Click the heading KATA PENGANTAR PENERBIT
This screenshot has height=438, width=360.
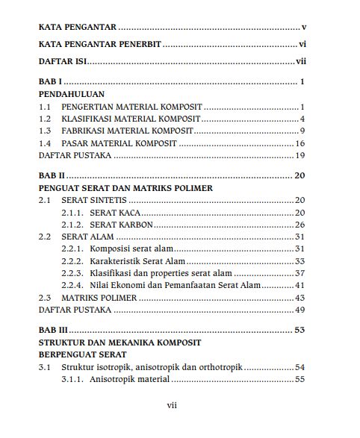[100, 45]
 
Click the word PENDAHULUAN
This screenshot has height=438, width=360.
[72, 95]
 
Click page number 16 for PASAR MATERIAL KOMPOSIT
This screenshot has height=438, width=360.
[300, 143]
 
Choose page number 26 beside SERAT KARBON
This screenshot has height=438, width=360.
[300, 225]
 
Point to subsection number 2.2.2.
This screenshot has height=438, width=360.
[72, 261]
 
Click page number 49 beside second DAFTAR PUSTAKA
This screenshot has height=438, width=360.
[300, 310]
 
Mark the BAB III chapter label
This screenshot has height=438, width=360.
[53, 329]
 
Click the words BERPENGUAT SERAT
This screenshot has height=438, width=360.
[82, 354]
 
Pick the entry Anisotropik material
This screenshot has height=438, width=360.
[129, 380]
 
